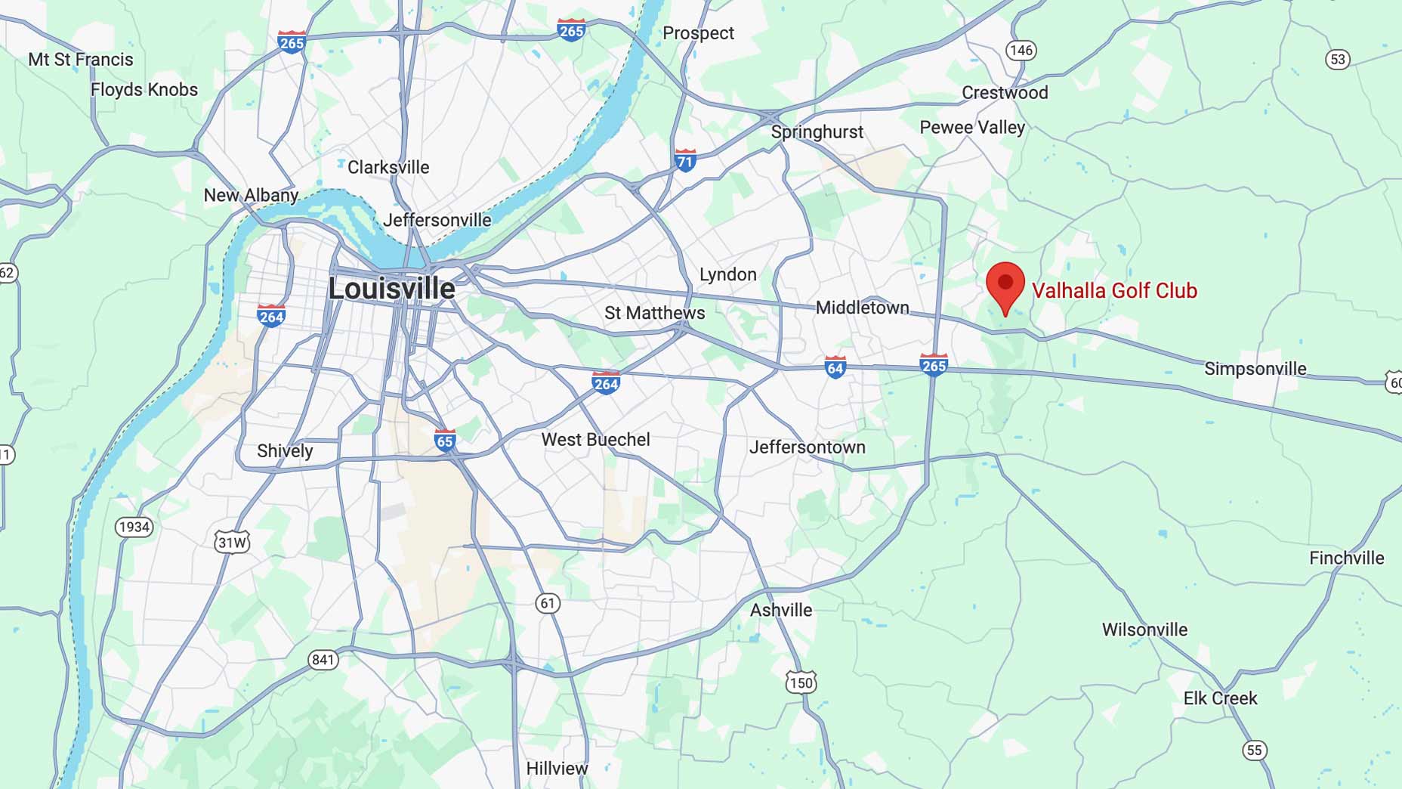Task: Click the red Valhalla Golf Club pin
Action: [x=1005, y=286]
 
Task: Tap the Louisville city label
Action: [x=391, y=289]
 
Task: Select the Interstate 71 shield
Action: [x=685, y=160]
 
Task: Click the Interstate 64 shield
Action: [x=835, y=367]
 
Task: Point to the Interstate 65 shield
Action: [x=445, y=440]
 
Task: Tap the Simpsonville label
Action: [x=1255, y=369]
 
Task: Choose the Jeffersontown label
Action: [x=807, y=447]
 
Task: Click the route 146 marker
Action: [x=1021, y=51]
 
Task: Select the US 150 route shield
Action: [x=801, y=682]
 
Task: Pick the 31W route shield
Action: [x=232, y=542]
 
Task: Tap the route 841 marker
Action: [x=323, y=660]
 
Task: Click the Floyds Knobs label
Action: [x=144, y=90]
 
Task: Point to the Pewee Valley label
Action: [x=972, y=128]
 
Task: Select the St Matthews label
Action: [x=654, y=313]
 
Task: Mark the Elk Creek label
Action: [x=1220, y=698]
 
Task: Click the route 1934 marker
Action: [x=134, y=527]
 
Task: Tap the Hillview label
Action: [x=557, y=769]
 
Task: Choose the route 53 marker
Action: [x=1338, y=59]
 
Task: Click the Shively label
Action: [x=285, y=451]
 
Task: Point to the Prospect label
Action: [x=698, y=33]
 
